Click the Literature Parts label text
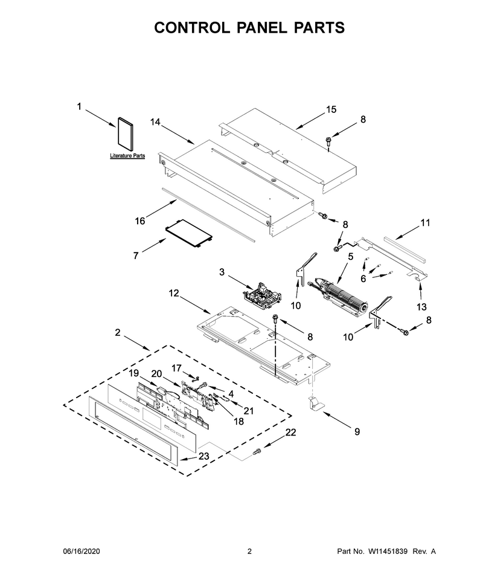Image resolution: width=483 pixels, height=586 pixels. (127, 155)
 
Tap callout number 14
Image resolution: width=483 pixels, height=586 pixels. (155, 122)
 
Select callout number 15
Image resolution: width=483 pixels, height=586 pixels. (331, 109)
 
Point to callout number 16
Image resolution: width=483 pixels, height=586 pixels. (139, 221)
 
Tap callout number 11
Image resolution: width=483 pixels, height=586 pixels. (426, 223)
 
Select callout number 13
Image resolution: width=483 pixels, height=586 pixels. (421, 307)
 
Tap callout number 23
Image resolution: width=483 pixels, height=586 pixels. (204, 456)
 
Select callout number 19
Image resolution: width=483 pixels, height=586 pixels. (134, 373)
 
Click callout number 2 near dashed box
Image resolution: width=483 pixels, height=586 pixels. (118, 332)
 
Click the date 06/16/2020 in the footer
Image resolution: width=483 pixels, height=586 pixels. (81, 552)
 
